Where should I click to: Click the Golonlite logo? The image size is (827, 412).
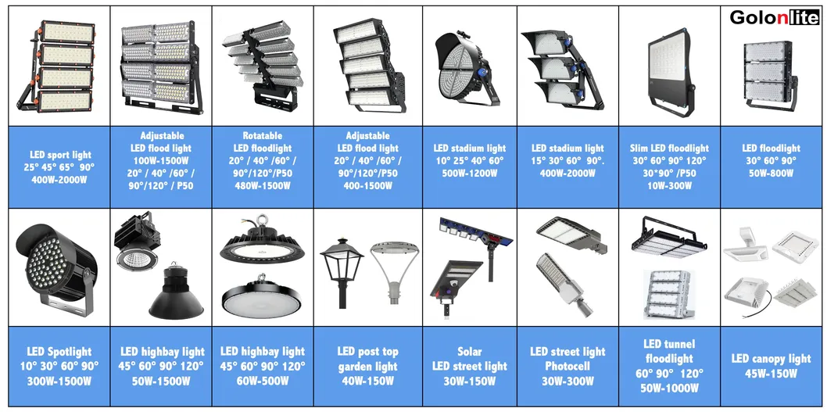(774, 18)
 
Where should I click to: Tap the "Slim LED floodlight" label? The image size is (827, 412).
(669, 148)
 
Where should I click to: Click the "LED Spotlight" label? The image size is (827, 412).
(59, 352)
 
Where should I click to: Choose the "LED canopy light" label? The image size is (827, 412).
(771, 359)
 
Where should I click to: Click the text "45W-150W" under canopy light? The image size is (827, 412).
(771, 374)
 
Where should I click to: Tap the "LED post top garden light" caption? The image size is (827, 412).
(365, 359)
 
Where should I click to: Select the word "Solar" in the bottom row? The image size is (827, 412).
(469, 352)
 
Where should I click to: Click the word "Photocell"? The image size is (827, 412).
(567, 366)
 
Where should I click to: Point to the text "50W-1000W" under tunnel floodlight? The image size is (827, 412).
(669, 389)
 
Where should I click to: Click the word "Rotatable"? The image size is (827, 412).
(263, 135)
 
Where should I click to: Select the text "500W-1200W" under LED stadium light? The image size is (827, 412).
(469, 173)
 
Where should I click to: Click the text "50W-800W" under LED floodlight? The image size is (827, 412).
(771, 173)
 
